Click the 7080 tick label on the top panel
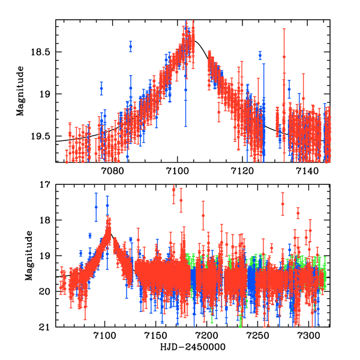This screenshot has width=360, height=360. pyautogui.click(x=112, y=172)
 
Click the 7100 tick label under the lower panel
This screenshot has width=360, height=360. pyautogui.click(x=105, y=337)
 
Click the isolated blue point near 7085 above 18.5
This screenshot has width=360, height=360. pyautogui.click(x=130, y=47)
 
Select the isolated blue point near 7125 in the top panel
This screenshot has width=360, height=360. pyautogui.click(x=260, y=56)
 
